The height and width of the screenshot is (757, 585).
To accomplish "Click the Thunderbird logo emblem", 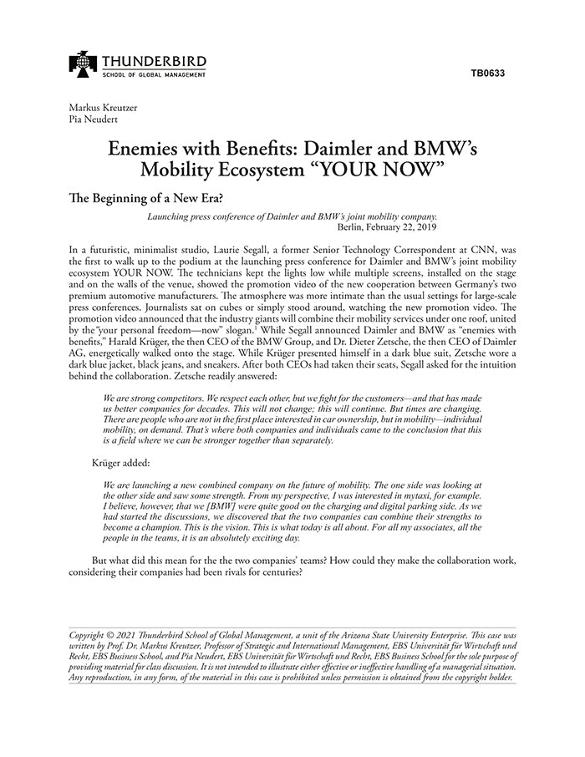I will click(84, 64).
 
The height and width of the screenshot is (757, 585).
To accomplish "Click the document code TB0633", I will click(487, 73).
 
